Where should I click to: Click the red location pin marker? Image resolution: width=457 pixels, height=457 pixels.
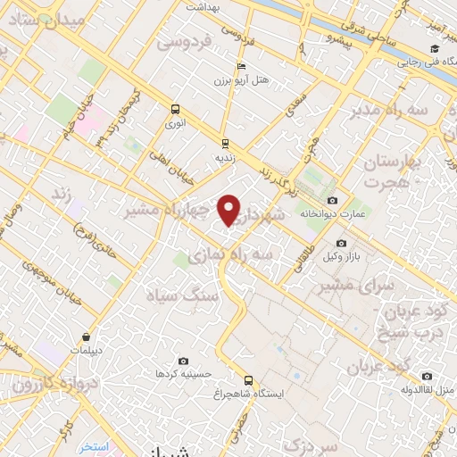click(229, 210)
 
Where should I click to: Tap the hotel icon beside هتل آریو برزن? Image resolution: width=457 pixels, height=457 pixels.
click(240, 67)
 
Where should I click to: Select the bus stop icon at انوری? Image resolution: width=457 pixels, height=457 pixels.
click(175, 110)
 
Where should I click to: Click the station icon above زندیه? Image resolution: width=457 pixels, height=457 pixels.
click(224, 142)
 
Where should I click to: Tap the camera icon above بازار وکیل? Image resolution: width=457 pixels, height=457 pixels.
click(340, 243)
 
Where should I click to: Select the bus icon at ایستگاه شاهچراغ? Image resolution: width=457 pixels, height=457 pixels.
click(248, 379)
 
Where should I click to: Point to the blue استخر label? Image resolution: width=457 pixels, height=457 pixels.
click(94, 446)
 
